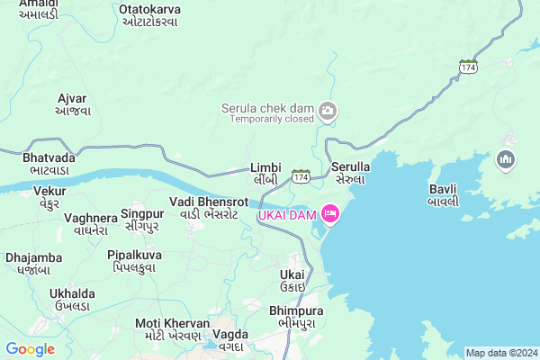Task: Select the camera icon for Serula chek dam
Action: (x=328, y=111)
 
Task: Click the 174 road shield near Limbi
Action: (x=301, y=177)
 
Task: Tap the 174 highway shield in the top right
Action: (x=467, y=67)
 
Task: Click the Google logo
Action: (x=31, y=349)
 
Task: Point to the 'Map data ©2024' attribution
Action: (x=501, y=353)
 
